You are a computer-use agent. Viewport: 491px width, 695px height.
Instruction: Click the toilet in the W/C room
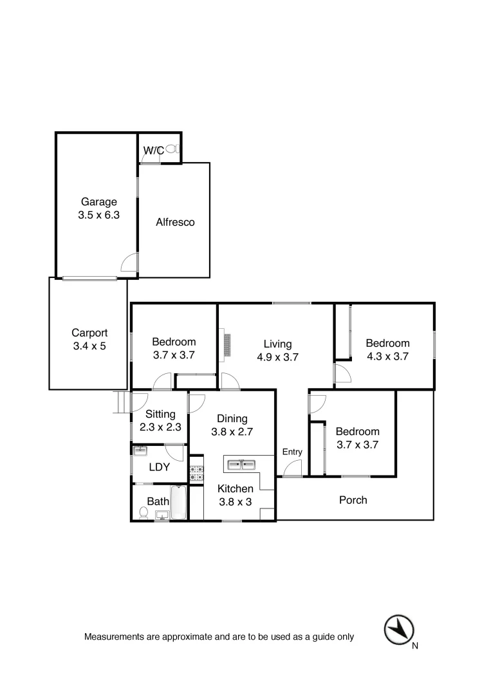[x=171, y=149]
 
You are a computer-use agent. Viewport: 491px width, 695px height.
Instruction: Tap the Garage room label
[x=98, y=202]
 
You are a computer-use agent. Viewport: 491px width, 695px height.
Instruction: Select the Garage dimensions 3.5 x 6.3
[x=98, y=216]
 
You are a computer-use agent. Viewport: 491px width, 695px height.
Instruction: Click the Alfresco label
[x=175, y=223]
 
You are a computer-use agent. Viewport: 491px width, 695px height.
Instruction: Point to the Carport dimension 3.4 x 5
[x=89, y=347]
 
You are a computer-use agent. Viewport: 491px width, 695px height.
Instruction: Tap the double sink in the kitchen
[x=240, y=463]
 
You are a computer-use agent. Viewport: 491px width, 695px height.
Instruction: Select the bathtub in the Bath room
[x=178, y=503]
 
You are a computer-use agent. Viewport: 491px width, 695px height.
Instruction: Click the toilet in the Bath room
[x=144, y=513]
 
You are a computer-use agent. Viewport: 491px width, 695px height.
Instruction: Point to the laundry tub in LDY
[x=140, y=450]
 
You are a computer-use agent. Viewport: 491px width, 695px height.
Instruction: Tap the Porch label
[x=353, y=500]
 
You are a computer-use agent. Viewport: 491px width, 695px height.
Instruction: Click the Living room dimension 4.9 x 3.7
[x=278, y=357]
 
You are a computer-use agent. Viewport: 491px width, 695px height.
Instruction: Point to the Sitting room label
[x=160, y=414]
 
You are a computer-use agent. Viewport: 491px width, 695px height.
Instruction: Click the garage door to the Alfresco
[x=130, y=263]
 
